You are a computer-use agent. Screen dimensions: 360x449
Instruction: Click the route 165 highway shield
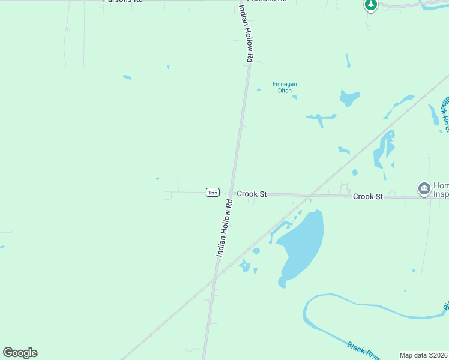[212, 192]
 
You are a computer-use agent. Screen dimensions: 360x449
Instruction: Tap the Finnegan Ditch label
[285, 88]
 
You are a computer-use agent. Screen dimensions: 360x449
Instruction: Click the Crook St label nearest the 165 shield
[252, 194]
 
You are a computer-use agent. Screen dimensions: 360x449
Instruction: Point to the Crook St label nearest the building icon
[367, 197]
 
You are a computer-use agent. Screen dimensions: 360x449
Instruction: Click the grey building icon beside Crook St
[424, 188]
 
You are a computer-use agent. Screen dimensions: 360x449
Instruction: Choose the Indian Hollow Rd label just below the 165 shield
[224, 229]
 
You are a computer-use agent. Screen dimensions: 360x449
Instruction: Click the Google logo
[20, 353]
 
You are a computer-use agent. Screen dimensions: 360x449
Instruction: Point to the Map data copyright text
[423, 355]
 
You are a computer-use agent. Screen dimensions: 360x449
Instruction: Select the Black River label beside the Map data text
[363, 350]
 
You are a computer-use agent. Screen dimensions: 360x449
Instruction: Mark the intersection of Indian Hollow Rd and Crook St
[231, 194]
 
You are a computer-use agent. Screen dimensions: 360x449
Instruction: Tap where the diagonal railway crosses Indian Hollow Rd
[214, 279]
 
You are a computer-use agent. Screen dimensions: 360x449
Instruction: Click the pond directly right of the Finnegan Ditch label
[349, 97]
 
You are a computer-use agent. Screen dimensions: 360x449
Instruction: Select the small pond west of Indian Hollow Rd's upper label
[127, 77]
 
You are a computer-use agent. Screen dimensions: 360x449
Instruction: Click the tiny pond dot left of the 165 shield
[157, 178]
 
